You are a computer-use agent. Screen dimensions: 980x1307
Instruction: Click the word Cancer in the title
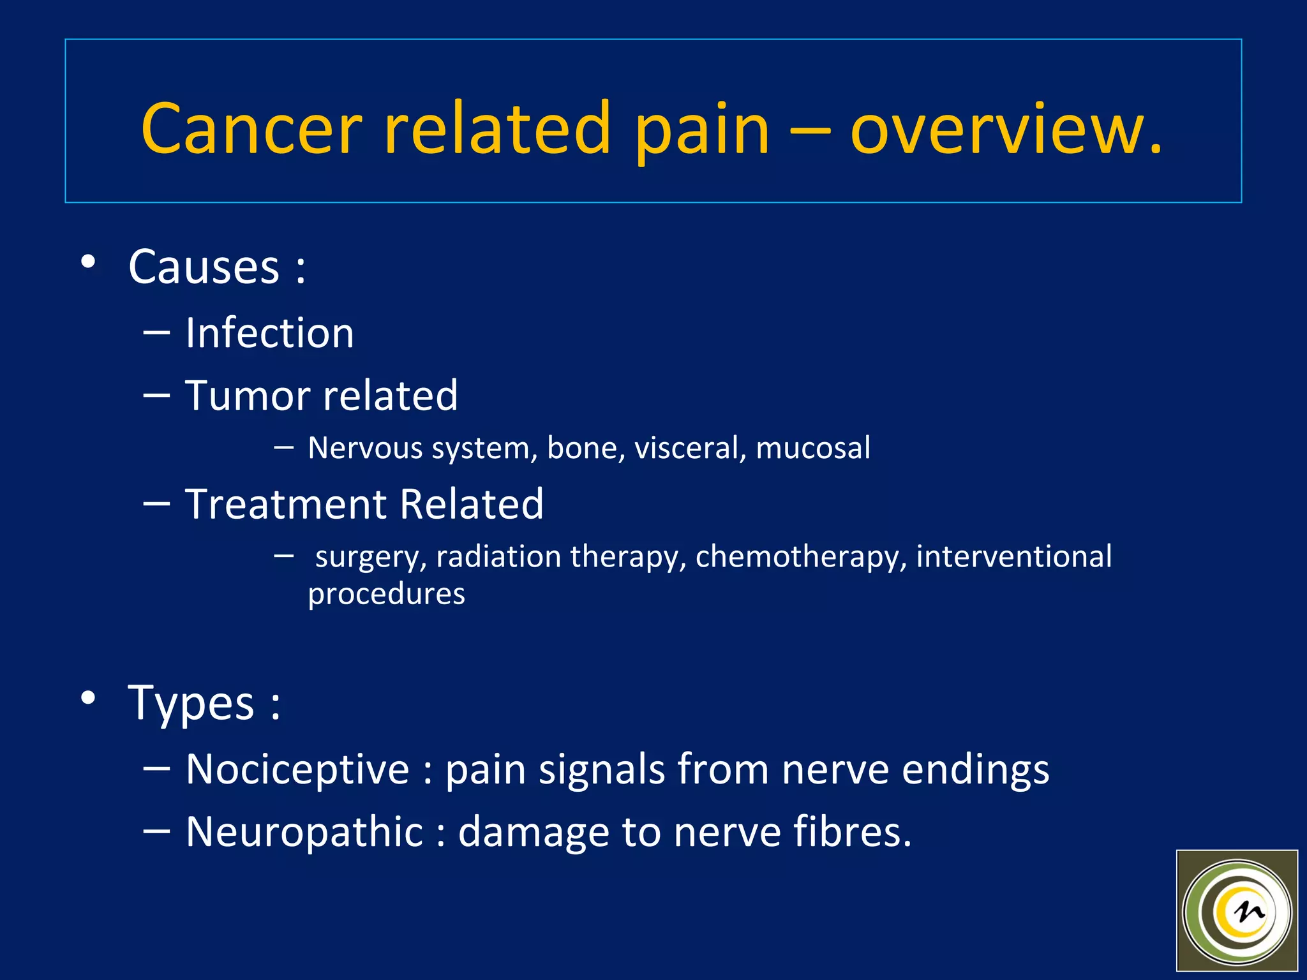(251, 129)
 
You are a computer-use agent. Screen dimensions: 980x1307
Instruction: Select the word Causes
(204, 267)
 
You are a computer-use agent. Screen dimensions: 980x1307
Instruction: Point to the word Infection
(269, 333)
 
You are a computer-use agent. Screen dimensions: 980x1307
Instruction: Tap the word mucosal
(812, 448)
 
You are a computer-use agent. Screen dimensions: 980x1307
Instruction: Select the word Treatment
(285, 504)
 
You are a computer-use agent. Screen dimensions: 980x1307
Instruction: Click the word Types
(191, 703)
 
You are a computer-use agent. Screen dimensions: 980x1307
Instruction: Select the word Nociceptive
(297, 769)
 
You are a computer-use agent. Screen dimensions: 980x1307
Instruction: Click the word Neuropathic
(304, 832)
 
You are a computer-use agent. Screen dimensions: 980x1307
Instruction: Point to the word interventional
(1013, 556)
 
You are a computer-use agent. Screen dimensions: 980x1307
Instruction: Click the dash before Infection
(156, 332)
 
